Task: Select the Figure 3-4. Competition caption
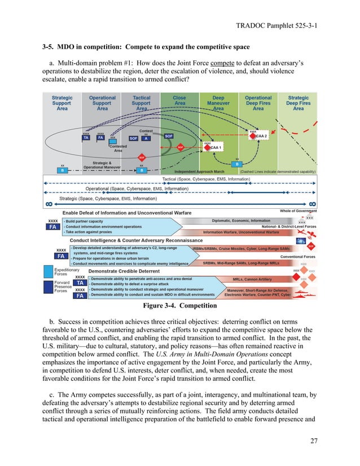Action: (180, 306)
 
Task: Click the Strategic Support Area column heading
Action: (62, 103)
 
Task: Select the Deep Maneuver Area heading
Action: (218, 103)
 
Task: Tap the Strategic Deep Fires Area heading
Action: (298, 103)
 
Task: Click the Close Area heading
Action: (179, 100)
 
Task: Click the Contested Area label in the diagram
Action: (118, 148)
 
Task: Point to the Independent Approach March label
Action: (200, 171)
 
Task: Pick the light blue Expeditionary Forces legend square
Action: (49, 272)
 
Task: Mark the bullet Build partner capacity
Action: (85, 221)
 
